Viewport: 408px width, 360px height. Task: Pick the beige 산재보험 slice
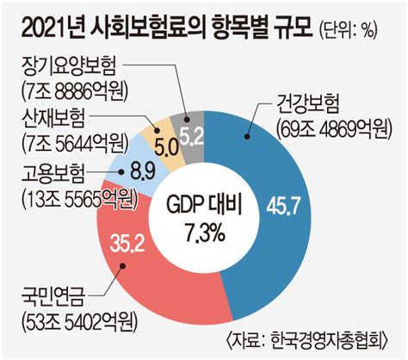pyautogui.click(x=161, y=138)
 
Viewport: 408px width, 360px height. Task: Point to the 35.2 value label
pyautogui.click(x=127, y=243)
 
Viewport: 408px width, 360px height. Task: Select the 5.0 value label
pyautogui.click(x=166, y=148)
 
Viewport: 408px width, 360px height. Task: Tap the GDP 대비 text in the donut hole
pyautogui.click(x=205, y=205)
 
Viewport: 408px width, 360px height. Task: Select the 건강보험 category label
pyautogui.click(x=307, y=105)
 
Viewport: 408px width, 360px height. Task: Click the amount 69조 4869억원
pyautogui.click(x=333, y=130)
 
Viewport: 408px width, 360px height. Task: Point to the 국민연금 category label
pyautogui.click(x=53, y=298)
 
